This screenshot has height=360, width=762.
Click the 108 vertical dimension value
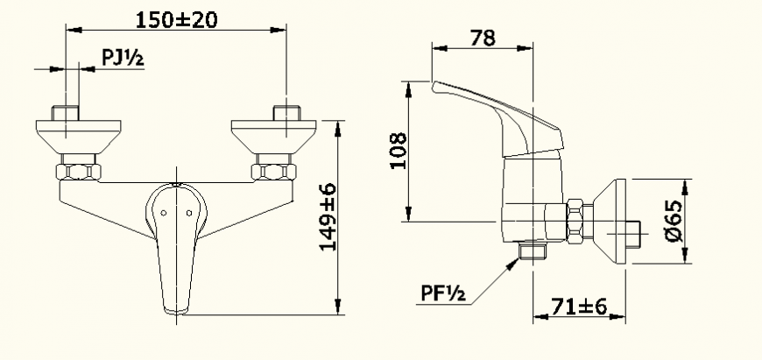tap(396, 153)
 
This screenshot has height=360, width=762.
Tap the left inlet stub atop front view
tap(67, 113)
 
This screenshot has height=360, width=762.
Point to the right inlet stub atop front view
tap(286, 113)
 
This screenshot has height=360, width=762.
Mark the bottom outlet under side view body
tap(532, 251)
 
